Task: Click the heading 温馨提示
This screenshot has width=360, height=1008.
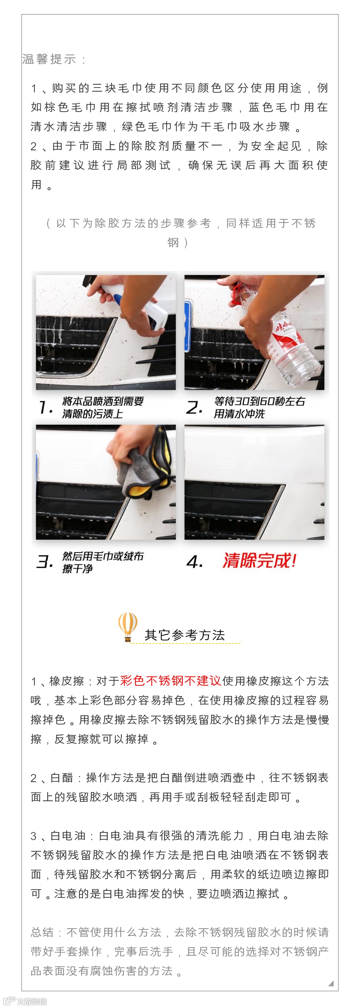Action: tap(49, 59)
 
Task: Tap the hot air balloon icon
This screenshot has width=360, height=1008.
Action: tap(128, 626)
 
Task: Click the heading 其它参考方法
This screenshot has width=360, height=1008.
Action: tap(185, 635)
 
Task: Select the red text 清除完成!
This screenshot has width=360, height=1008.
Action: tap(259, 561)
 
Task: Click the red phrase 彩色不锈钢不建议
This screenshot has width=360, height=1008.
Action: tap(171, 681)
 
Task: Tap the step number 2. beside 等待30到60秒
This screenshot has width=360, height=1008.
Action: tap(194, 408)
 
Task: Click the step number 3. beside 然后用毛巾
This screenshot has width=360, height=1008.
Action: tap(45, 562)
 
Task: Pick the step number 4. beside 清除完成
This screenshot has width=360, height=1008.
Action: tap(194, 562)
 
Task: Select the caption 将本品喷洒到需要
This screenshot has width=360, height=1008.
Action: tap(103, 402)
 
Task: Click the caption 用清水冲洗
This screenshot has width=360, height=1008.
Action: tap(239, 414)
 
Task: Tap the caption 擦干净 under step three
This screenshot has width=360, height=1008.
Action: tap(77, 568)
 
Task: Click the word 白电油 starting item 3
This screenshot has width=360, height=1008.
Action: tap(68, 835)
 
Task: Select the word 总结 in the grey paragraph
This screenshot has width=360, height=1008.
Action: tap(42, 932)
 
